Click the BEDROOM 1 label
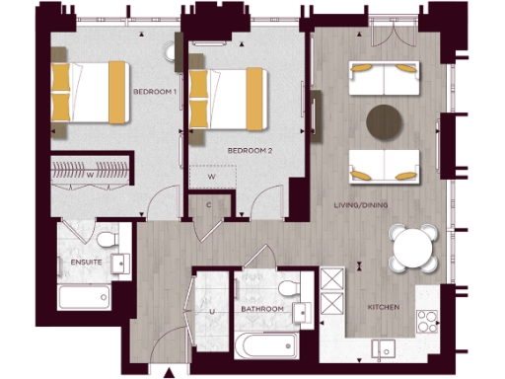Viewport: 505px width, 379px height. coord(155,92)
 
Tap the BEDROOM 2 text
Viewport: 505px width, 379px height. coord(250,150)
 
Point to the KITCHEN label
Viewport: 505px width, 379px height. coord(383,308)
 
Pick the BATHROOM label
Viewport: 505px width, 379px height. coord(262,309)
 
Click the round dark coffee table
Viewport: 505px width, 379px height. coord(385,120)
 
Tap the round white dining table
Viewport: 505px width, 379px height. coord(411,247)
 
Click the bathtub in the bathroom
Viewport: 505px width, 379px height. coord(263,345)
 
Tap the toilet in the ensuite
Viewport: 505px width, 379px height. coord(107,242)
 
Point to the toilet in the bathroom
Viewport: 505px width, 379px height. coord(288,287)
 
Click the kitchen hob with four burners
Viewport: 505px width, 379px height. coord(428,321)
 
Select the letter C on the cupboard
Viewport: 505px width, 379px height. coord(209,204)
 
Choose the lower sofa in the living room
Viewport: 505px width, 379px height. coord(383,165)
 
